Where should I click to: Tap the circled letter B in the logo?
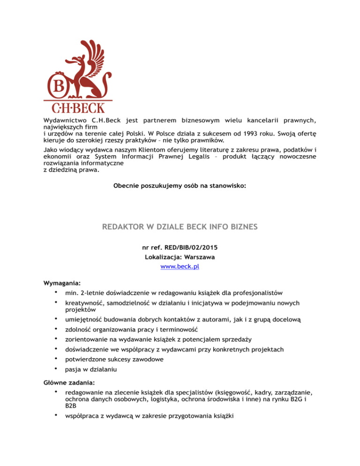pyautogui.click(x=57, y=86)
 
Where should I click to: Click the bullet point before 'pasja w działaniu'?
pyautogui.click(x=56, y=369)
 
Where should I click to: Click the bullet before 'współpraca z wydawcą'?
pyautogui.click(x=56, y=415)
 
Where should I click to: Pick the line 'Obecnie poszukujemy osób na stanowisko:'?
pyautogui.click(x=180, y=186)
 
